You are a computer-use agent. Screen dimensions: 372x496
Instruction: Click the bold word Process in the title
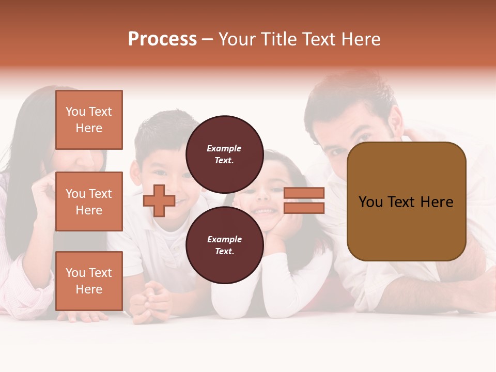[162, 39]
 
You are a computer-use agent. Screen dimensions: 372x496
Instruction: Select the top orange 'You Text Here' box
[89, 120]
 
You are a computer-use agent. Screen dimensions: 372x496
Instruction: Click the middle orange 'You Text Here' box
[89, 202]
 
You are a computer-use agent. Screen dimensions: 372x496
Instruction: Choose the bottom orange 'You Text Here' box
[89, 281]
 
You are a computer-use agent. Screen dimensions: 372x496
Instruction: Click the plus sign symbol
[159, 200]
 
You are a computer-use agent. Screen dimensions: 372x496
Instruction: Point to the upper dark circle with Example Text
[224, 154]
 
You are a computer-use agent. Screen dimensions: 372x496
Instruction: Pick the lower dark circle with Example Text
[224, 245]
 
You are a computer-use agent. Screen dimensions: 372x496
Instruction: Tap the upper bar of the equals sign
[304, 193]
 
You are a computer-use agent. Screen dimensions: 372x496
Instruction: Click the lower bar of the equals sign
[304, 208]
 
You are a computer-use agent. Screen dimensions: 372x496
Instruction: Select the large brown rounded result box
[406, 202]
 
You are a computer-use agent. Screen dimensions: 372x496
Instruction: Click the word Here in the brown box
[437, 202]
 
